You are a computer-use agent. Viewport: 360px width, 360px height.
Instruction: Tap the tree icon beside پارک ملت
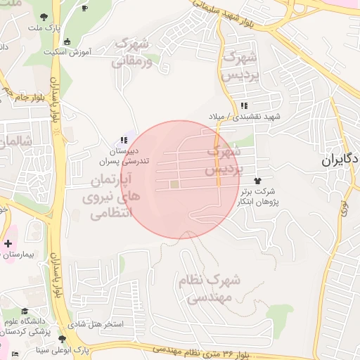point(44,15)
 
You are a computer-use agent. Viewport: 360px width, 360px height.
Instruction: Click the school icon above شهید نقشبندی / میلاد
point(243,105)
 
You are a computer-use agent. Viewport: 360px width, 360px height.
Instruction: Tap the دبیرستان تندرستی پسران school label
point(131,155)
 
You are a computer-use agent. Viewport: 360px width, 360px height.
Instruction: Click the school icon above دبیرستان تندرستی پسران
point(124,141)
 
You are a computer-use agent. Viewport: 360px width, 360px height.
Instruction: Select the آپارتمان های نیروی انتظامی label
point(112,196)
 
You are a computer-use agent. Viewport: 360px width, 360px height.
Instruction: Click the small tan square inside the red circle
point(174,184)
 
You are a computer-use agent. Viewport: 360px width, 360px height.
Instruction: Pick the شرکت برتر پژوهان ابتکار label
point(258,195)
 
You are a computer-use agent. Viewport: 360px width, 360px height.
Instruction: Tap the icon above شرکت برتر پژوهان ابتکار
point(265,181)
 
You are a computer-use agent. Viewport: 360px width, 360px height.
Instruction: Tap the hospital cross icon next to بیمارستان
point(8,244)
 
